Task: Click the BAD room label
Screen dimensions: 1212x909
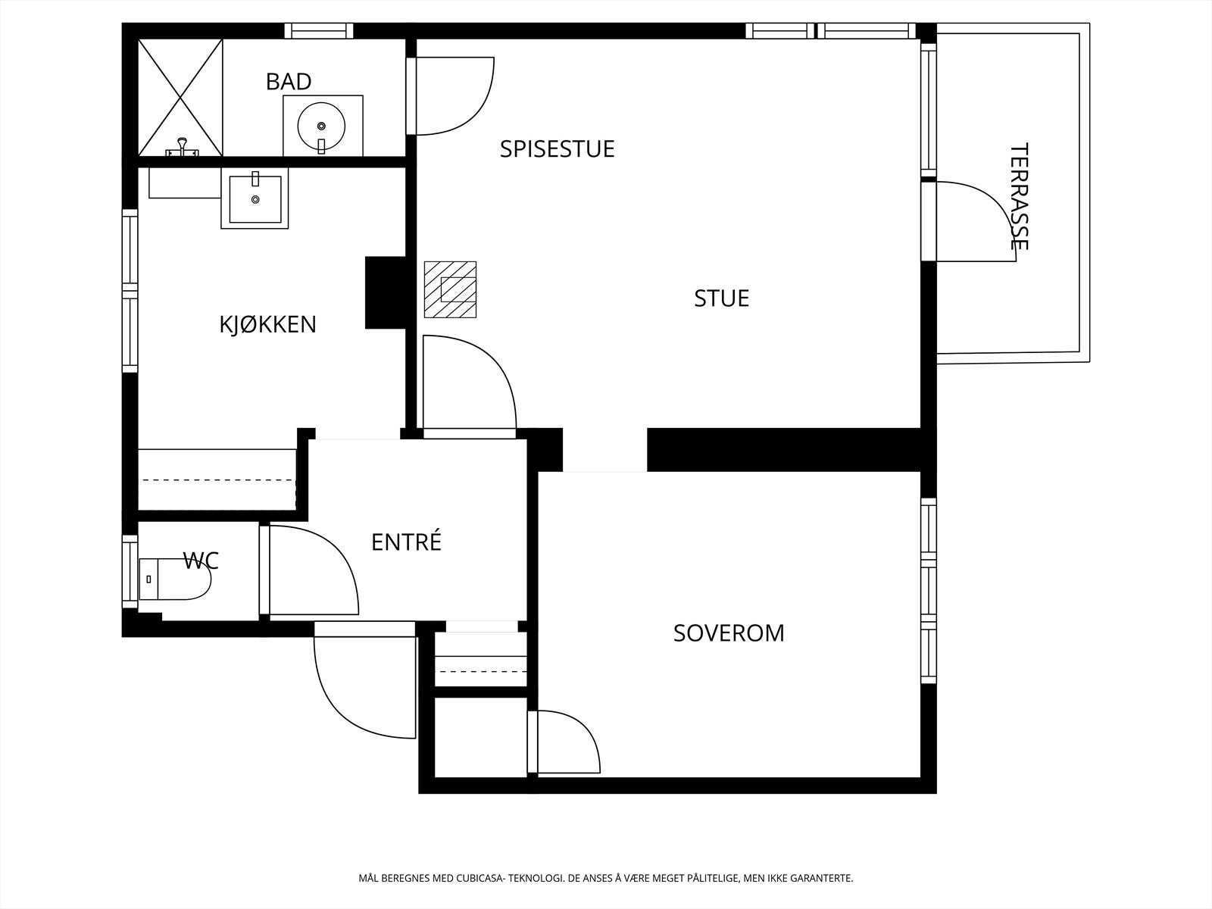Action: [289, 82]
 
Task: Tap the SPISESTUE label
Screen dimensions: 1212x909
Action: [557, 149]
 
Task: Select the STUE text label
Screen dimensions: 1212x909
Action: [722, 298]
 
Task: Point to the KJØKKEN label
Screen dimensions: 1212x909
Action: [268, 324]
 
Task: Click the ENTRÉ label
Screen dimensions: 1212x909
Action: [406, 542]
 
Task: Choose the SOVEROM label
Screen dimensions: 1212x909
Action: [729, 633]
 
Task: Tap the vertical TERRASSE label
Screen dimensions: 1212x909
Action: [1020, 196]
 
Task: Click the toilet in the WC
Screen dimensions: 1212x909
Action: [174, 579]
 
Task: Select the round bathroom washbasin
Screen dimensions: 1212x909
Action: [321, 127]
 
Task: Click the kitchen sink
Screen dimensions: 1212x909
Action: [255, 198]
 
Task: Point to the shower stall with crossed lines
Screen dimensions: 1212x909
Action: [180, 98]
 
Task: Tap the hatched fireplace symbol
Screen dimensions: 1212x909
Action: [450, 290]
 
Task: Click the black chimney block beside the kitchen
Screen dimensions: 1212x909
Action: [386, 292]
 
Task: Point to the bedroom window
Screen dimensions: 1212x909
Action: [929, 591]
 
